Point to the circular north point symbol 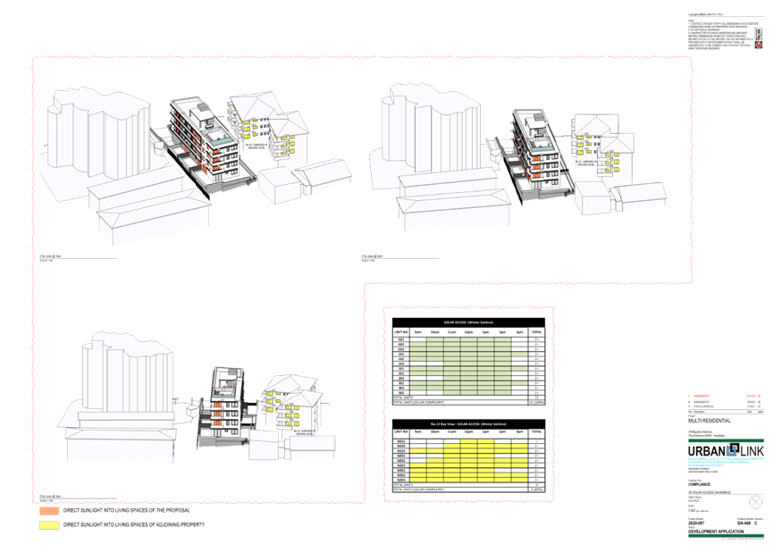(x=756, y=501)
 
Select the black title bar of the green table (x=468, y=322)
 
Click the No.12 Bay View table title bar (x=468, y=424)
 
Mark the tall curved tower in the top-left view (x=98, y=134)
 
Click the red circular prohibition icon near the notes (x=759, y=43)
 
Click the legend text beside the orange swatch (x=125, y=511)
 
